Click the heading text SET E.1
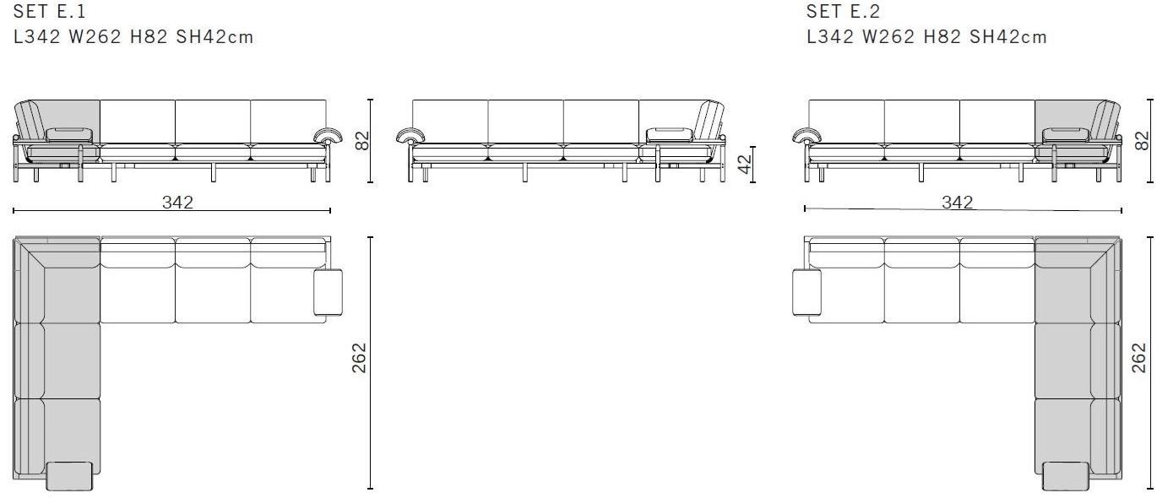point(49,11)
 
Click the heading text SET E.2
point(843,11)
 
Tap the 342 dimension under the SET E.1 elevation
point(177,202)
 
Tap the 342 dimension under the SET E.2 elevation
point(957,202)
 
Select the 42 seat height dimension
point(745,165)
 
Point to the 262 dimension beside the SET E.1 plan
point(359,358)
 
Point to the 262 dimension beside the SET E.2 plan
point(1138,358)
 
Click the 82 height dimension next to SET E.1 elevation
point(362,141)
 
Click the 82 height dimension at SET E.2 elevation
point(1142,141)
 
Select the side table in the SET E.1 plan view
point(328,292)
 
